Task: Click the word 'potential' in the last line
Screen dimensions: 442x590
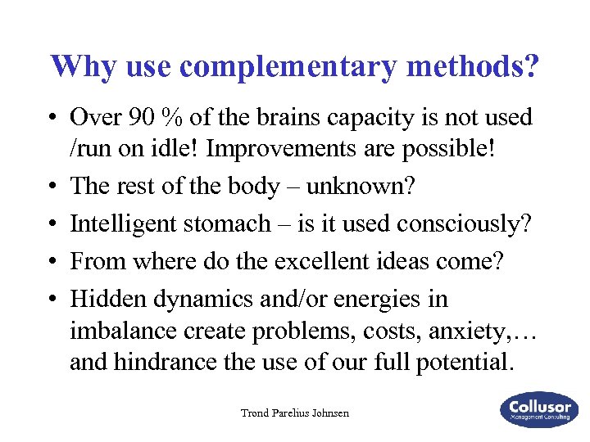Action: click(464, 361)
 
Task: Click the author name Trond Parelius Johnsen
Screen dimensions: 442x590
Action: click(294, 413)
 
